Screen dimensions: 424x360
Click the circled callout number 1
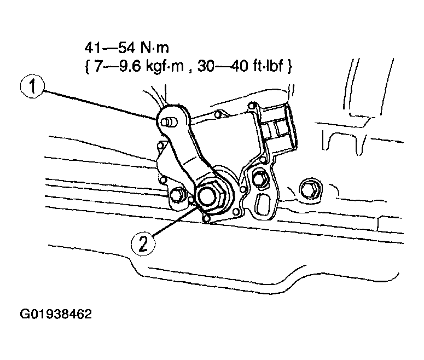click(x=32, y=87)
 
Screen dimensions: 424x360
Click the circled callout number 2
click(x=143, y=243)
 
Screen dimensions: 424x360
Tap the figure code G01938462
click(x=56, y=314)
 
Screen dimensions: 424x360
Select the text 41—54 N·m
click(x=126, y=48)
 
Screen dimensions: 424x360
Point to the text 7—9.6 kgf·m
click(x=139, y=66)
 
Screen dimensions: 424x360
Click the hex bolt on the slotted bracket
click(x=259, y=178)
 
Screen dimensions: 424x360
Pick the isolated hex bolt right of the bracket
click(x=310, y=189)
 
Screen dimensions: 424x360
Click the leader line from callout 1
click(x=99, y=104)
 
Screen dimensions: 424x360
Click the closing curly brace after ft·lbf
click(x=289, y=67)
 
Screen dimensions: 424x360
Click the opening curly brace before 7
click(x=88, y=67)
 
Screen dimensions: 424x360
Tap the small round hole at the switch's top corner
click(x=252, y=104)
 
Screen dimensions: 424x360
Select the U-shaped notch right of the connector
click(x=341, y=143)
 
